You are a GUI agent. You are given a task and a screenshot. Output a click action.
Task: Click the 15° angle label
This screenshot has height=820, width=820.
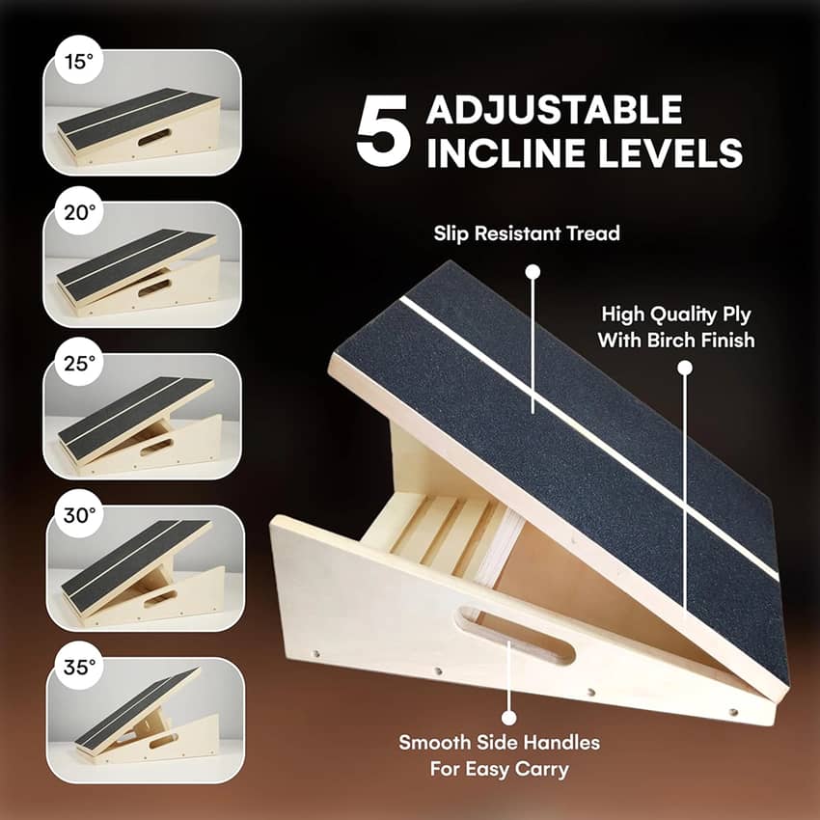pyautogui.click(x=78, y=62)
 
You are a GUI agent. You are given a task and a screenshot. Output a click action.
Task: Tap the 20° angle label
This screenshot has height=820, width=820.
pyautogui.click(x=80, y=213)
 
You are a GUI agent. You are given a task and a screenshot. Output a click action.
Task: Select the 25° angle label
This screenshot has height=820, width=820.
pyautogui.click(x=80, y=364)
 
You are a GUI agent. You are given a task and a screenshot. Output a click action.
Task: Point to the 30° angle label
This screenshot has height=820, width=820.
pyautogui.click(x=79, y=516)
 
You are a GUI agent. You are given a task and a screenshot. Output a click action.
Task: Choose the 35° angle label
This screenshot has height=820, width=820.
pyautogui.click(x=79, y=668)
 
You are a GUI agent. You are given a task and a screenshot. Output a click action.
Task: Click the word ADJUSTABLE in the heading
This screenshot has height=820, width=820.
pyautogui.click(x=555, y=109)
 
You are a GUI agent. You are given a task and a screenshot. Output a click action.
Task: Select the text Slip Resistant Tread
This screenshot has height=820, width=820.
pyautogui.click(x=527, y=233)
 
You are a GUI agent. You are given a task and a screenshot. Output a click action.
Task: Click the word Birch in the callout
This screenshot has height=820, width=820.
pyautogui.click(x=671, y=340)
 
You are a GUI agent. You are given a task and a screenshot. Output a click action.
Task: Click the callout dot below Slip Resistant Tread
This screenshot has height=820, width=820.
pyautogui.click(x=533, y=272)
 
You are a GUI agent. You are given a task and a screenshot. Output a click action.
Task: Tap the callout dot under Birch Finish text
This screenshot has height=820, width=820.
pyautogui.click(x=685, y=369)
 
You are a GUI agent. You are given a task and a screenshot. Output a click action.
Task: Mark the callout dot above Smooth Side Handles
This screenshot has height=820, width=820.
pyautogui.click(x=508, y=718)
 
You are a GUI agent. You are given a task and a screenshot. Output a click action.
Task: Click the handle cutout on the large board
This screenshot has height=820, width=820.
pyautogui.click(x=515, y=636)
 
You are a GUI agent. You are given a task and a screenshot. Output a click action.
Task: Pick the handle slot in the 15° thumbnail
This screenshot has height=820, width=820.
pyautogui.click(x=154, y=137)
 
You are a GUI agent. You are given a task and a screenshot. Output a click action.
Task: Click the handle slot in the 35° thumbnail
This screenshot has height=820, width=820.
pyautogui.click(x=163, y=741)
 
